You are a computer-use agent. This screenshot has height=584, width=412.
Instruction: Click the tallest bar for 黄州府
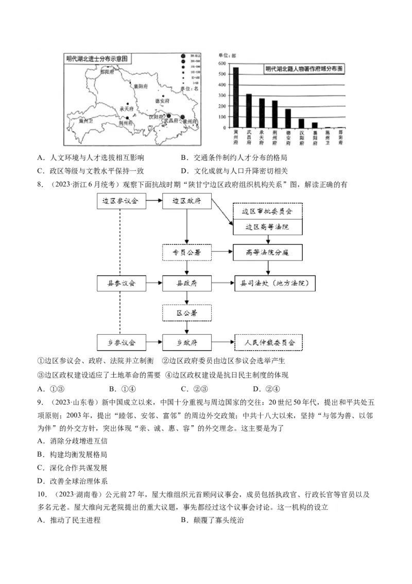click(236, 98)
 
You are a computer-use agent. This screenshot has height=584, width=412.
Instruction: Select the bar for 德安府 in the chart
click(288, 118)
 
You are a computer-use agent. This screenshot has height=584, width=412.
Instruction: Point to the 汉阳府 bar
click(301, 123)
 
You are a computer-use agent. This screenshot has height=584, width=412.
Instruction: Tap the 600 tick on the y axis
click(222, 63)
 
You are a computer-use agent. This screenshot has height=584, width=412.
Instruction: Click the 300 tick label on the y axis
click(222, 95)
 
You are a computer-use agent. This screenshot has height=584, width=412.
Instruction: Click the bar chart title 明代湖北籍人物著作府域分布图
click(304, 69)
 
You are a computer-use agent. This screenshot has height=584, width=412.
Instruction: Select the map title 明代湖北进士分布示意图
click(97, 58)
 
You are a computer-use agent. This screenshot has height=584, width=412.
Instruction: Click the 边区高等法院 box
click(267, 227)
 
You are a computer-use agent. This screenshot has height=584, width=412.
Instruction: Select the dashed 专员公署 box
click(186, 252)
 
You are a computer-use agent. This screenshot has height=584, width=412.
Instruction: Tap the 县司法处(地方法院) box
click(274, 283)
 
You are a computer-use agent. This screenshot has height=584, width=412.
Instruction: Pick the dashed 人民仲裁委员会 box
click(268, 342)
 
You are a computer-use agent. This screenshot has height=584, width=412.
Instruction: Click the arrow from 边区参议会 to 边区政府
click(153, 201)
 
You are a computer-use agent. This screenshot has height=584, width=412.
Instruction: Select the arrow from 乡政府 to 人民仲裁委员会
click(222, 342)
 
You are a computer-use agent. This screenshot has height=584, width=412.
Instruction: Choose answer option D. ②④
click(266, 389)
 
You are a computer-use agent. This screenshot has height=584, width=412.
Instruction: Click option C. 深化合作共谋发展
click(73, 468)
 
